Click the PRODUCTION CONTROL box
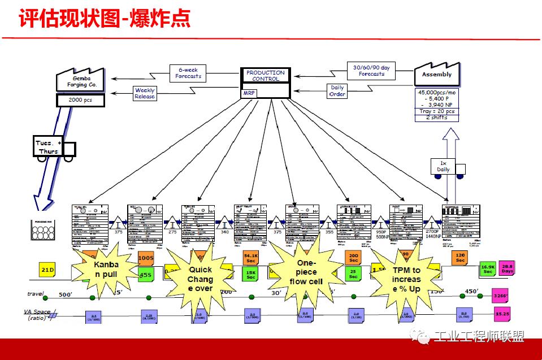coord(266,76)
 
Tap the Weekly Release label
coord(145,93)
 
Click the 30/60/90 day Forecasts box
coord(371,71)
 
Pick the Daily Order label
coord(337,91)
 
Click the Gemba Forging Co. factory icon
coord(81,81)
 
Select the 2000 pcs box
coord(80,101)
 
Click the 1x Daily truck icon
coord(449,167)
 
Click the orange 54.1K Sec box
coord(250,258)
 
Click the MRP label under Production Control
coord(249,93)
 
